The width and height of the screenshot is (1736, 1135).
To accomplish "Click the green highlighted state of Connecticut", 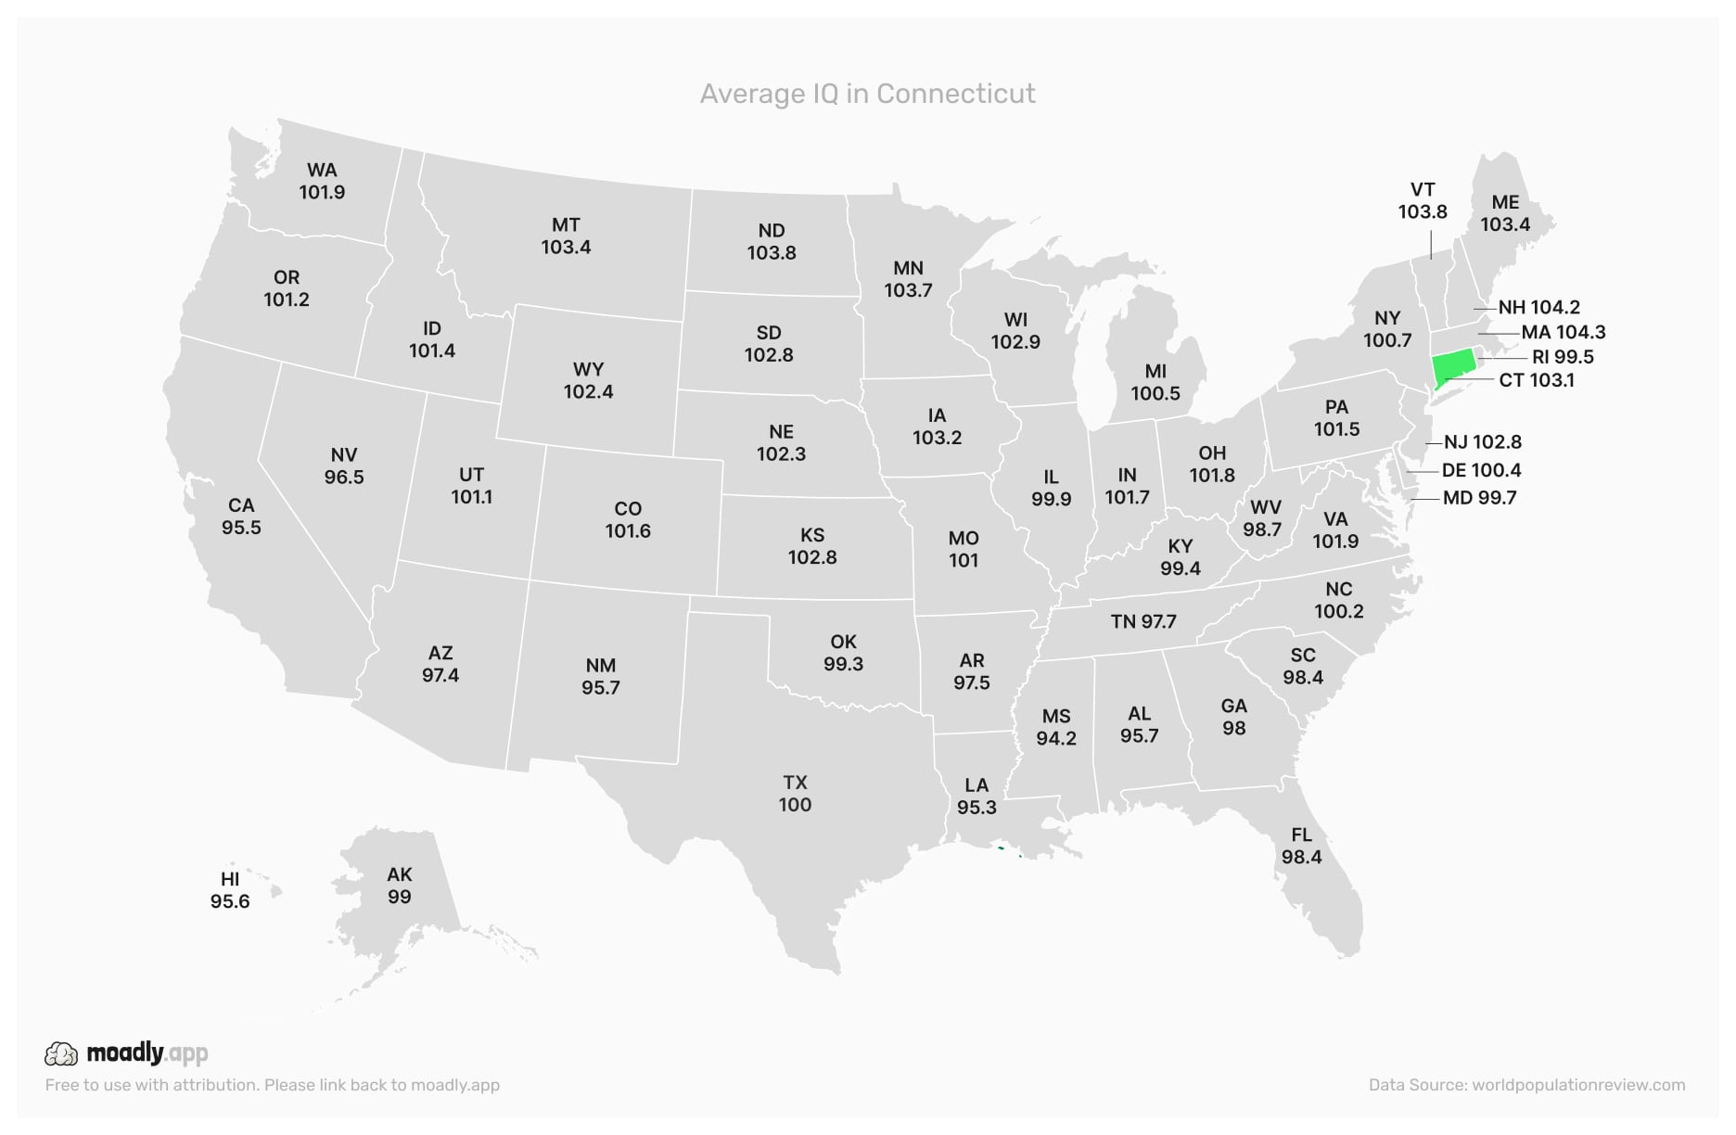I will coord(1453,367).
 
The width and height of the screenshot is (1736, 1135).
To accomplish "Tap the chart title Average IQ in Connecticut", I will coord(867,94).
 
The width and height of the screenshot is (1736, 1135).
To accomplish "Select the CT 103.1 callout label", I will coord(1536,380).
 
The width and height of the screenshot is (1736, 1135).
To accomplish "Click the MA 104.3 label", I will coord(1563,332).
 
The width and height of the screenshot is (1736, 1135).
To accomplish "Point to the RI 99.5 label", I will coord(1563,357).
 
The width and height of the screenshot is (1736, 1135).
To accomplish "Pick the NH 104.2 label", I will coord(1538,307).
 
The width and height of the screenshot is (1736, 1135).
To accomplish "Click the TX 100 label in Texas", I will coord(795,794).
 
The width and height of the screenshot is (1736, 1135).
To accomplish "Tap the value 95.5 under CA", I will coord(241,528).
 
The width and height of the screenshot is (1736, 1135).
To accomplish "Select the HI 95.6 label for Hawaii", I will coord(230,890).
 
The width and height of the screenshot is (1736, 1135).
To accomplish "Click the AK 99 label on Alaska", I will coord(399,886).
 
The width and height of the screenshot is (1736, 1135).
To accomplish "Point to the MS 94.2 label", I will coord(1056,727).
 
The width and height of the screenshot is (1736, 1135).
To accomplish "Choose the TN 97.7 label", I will coord(1142,621).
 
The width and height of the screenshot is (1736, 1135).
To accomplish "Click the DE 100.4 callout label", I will coord(1481,470).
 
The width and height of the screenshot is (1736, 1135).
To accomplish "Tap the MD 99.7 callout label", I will coord(1479,498).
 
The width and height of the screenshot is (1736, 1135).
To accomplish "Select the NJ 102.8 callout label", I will coord(1482,442).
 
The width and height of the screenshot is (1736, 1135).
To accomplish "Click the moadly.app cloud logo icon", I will coord(61,1053).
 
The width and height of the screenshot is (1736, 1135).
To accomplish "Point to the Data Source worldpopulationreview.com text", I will coord(1526,1085).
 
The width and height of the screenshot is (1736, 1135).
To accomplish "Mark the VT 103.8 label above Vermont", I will coord(1423,200).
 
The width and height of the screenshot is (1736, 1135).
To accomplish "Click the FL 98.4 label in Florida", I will coord(1301,846).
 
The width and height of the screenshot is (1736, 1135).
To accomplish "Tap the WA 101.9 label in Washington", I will coord(322,181).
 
